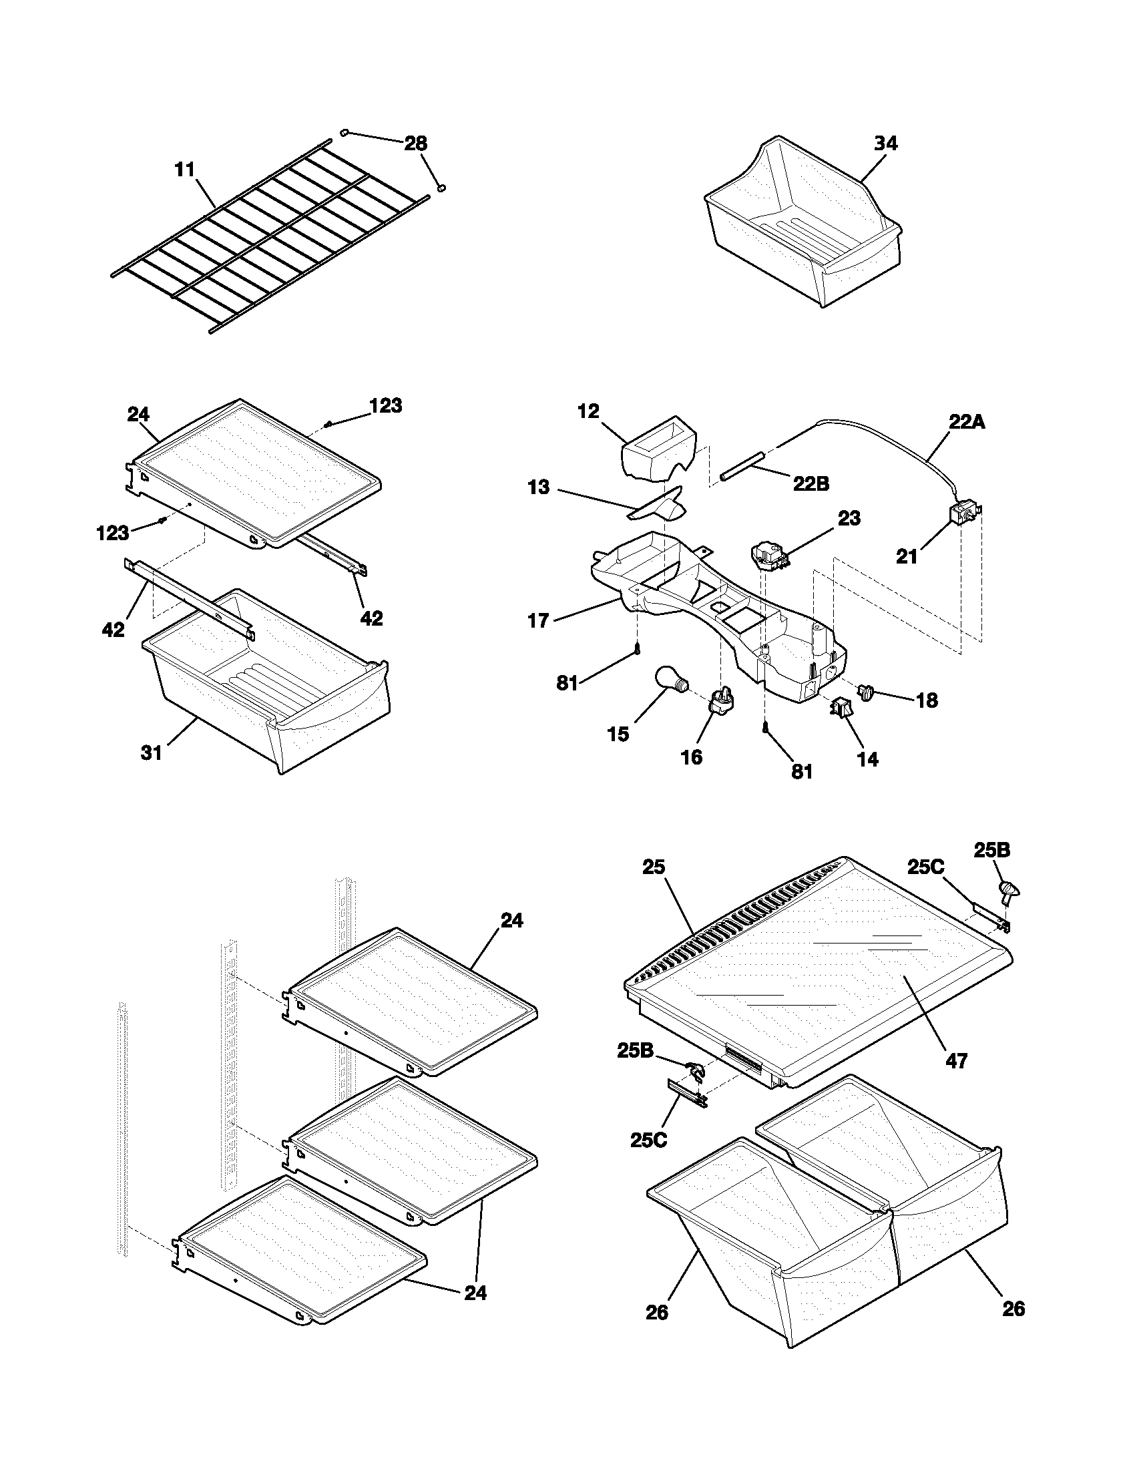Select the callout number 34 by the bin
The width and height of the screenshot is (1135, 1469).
point(885,144)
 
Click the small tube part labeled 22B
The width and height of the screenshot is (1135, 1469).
point(743,465)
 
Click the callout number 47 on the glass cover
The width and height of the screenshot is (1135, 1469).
point(956,1062)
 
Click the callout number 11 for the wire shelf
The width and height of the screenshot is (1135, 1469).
point(185,170)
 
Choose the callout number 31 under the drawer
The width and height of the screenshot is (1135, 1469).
point(152,753)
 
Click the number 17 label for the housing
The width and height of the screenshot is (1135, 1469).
point(539,620)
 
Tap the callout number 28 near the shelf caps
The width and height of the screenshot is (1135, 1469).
point(415,144)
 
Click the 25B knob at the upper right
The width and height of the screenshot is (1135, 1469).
point(1009,892)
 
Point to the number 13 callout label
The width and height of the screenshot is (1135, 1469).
point(539,487)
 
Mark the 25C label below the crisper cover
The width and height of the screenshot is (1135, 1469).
point(649,1140)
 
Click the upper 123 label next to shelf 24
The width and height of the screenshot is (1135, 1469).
point(386,405)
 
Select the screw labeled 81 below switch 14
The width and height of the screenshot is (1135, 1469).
point(766,727)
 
